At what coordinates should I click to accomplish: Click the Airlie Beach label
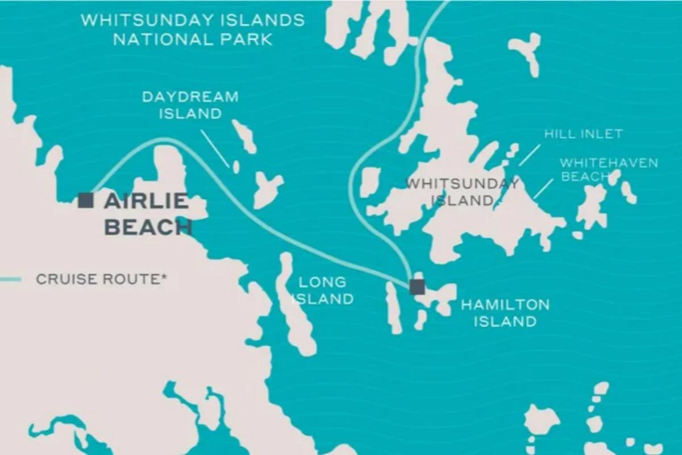point(147,214)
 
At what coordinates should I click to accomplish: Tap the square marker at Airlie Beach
point(86,200)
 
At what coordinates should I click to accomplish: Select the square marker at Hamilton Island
point(417,287)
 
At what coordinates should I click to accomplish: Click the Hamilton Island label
point(505,313)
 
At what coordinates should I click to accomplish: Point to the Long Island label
point(323,290)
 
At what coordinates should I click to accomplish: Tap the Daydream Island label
point(190,105)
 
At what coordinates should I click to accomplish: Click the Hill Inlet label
point(583,134)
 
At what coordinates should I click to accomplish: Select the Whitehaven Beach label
point(609,169)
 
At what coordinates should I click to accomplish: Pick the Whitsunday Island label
point(461,192)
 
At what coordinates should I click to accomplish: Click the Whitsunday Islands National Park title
point(193,30)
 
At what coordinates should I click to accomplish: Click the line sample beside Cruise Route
point(10,279)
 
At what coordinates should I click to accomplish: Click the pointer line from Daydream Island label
point(216,146)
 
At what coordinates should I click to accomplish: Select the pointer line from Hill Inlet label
point(529,155)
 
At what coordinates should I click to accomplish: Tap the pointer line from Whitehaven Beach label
point(543,188)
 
